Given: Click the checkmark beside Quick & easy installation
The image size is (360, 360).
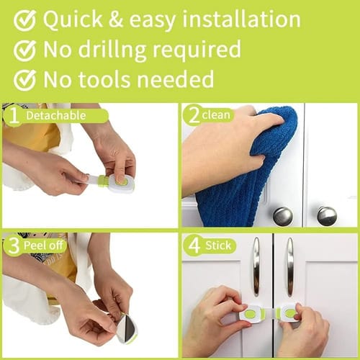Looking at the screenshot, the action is pyautogui.click(x=24, y=20).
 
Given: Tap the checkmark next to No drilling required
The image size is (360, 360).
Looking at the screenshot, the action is pyautogui.click(x=24, y=50).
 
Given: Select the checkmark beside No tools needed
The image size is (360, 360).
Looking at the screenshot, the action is pyautogui.click(x=24, y=80).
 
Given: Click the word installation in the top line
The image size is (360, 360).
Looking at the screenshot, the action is pyautogui.click(x=241, y=19).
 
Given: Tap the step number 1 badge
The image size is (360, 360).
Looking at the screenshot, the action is pyautogui.click(x=14, y=116).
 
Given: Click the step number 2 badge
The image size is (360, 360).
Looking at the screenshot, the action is pyautogui.click(x=194, y=115).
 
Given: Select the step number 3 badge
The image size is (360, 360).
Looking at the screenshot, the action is pyautogui.click(x=14, y=246).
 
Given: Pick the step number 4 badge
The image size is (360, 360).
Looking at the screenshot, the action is pyautogui.click(x=194, y=246).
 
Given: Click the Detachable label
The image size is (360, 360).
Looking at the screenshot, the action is pyautogui.click(x=56, y=116).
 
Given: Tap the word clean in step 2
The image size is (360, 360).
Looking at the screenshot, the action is pyautogui.click(x=216, y=115).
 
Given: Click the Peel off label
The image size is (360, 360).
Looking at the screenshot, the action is pyautogui.click(x=43, y=245).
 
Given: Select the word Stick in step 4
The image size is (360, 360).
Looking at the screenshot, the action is pyautogui.click(x=218, y=246).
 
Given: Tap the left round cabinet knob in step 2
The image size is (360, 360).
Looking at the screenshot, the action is pyautogui.click(x=283, y=217).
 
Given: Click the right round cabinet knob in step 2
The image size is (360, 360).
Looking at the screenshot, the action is pyautogui.click(x=327, y=216).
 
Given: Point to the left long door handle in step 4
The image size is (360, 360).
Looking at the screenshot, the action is pyautogui.click(x=256, y=266).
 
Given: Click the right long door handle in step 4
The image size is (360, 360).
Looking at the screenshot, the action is pyautogui.click(x=290, y=266).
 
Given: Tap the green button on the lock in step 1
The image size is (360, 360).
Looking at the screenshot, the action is pyautogui.click(x=120, y=181).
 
